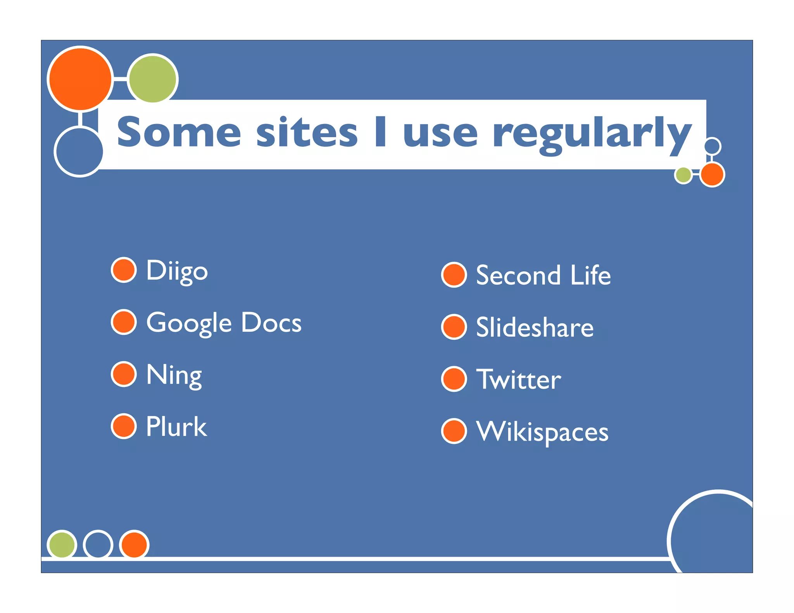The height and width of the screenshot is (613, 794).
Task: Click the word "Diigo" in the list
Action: pyautogui.click(x=177, y=270)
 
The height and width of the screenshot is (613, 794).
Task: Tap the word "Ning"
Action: pyautogui.click(x=174, y=375)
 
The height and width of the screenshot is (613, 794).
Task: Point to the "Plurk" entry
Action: pyautogui.click(x=176, y=427)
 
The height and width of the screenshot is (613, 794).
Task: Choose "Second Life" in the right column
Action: pyautogui.click(x=543, y=275)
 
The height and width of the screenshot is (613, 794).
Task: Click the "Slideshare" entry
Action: pyautogui.click(x=535, y=327)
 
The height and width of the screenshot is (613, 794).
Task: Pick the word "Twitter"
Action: pyautogui.click(x=518, y=379)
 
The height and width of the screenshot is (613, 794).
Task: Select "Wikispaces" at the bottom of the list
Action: pyautogui.click(x=542, y=431)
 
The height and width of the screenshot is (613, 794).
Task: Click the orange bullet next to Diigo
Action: pyautogui.click(x=124, y=270)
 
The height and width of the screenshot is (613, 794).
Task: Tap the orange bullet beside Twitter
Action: pyautogui.click(x=454, y=379)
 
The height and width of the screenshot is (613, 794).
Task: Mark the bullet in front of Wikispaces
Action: pyautogui.click(x=454, y=431)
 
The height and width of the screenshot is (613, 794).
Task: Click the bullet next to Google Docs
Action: pyautogui.click(x=124, y=322)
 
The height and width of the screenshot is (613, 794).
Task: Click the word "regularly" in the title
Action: pyautogui.click(x=592, y=134)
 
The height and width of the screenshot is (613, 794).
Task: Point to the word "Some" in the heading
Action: pyautogui.click(x=179, y=133)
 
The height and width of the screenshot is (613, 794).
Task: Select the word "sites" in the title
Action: pyautogui.click(x=307, y=133)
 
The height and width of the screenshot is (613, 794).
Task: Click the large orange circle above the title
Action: pyautogui.click(x=80, y=79)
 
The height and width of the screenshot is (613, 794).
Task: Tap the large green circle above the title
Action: pyautogui.click(x=153, y=79)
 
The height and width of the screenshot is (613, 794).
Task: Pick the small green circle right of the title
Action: pyautogui.click(x=683, y=175)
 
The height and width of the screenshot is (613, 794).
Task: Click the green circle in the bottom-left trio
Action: pyautogui.click(x=62, y=544)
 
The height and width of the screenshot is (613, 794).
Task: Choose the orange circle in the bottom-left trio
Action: pyautogui.click(x=134, y=544)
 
